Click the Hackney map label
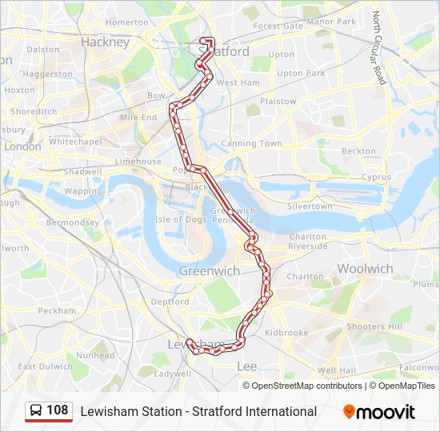105,42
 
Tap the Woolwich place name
365,269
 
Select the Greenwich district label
209,271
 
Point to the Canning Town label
251,144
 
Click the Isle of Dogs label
181,219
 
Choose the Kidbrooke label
286,332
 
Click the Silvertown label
310,206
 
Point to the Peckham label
57,310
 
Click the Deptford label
170,302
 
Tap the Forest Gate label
278,26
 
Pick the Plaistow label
278,102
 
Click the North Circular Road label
378,48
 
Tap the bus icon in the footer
36,411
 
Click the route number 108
58,410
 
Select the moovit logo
379,412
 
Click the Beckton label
358,150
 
